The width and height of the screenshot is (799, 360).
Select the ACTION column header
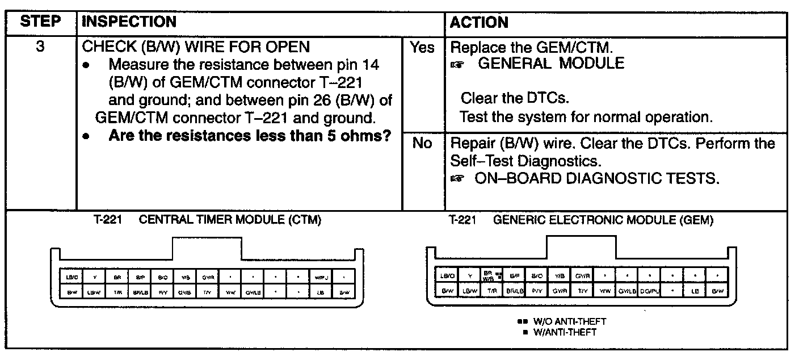click(479, 23)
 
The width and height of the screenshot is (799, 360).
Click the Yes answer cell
click(422, 48)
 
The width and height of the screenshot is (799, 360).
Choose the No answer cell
click(422, 144)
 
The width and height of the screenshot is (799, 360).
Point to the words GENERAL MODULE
click(551, 64)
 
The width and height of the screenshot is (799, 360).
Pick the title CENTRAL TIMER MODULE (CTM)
click(230, 221)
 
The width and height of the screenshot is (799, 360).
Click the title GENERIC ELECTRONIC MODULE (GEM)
click(603, 221)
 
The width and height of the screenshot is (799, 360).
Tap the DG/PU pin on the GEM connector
click(650, 290)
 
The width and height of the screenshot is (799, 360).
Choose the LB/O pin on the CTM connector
click(72, 278)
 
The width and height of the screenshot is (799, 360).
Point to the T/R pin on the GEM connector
click(492, 290)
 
